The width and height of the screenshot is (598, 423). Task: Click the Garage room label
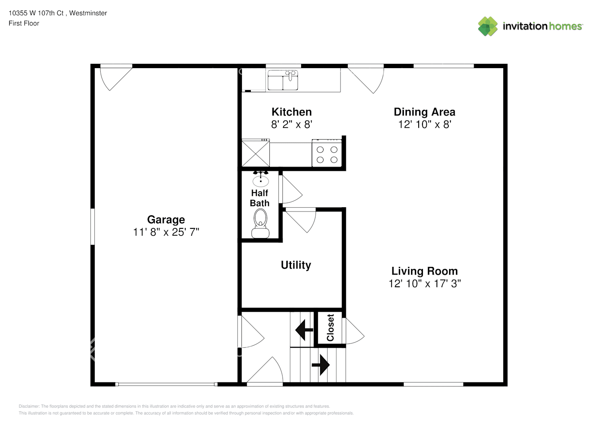[166, 220]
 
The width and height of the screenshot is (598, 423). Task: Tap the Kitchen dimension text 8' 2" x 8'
[291, 124]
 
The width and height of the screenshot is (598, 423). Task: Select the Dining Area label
[425, 112]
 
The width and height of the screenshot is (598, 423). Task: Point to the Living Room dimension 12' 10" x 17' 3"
[425, 283]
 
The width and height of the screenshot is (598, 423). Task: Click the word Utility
[296, 265]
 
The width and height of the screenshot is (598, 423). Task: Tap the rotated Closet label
[330, 328]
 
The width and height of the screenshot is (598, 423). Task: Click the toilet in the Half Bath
[260, 223]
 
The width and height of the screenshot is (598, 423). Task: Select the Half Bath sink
[261, 179]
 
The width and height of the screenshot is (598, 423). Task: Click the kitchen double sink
[283, 80]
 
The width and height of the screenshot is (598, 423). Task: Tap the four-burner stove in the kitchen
[327, 153]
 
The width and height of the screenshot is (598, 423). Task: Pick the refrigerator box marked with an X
[255, 153]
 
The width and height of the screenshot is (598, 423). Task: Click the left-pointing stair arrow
[304, 330]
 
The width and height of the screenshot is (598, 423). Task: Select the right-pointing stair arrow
[321, 365]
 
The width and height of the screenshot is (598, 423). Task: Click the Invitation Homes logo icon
[488, 26]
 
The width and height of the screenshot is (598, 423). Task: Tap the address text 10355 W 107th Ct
[36, 13]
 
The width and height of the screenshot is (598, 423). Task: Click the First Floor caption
[24, 24]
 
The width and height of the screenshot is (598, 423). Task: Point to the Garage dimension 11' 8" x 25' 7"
[166, 232]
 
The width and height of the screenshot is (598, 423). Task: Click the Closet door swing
[355, 331]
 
